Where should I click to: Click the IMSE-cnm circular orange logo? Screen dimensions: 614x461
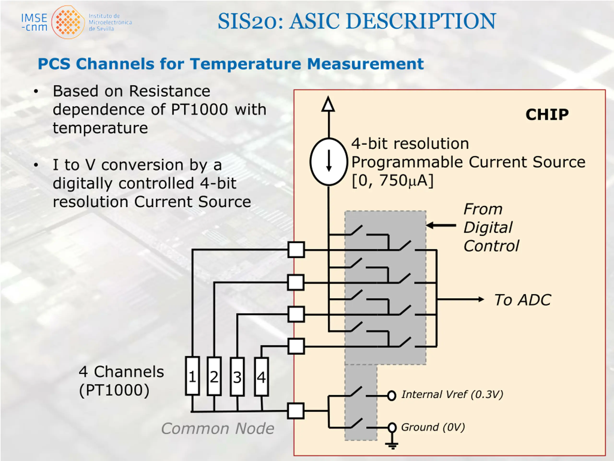click(68, 22)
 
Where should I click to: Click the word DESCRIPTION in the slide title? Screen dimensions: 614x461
click(421, 21)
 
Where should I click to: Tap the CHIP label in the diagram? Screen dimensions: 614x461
click(547, 114)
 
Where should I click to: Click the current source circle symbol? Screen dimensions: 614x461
click(329, 161)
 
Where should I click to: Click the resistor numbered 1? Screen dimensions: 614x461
click(192, 376)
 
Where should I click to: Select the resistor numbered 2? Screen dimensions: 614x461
click(214, 376)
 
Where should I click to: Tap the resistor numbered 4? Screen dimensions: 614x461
click(261, 376)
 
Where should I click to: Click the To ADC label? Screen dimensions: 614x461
click(522, 300)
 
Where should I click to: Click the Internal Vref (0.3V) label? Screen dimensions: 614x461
click(452, 394)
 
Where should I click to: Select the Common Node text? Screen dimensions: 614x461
click(218, 428)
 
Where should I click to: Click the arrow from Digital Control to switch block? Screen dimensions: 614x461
click(441, 225)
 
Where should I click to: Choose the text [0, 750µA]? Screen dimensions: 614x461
click(392, 181)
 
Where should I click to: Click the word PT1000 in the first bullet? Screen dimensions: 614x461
click(199, 109)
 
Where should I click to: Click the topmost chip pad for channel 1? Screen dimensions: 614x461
click(296, 249)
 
